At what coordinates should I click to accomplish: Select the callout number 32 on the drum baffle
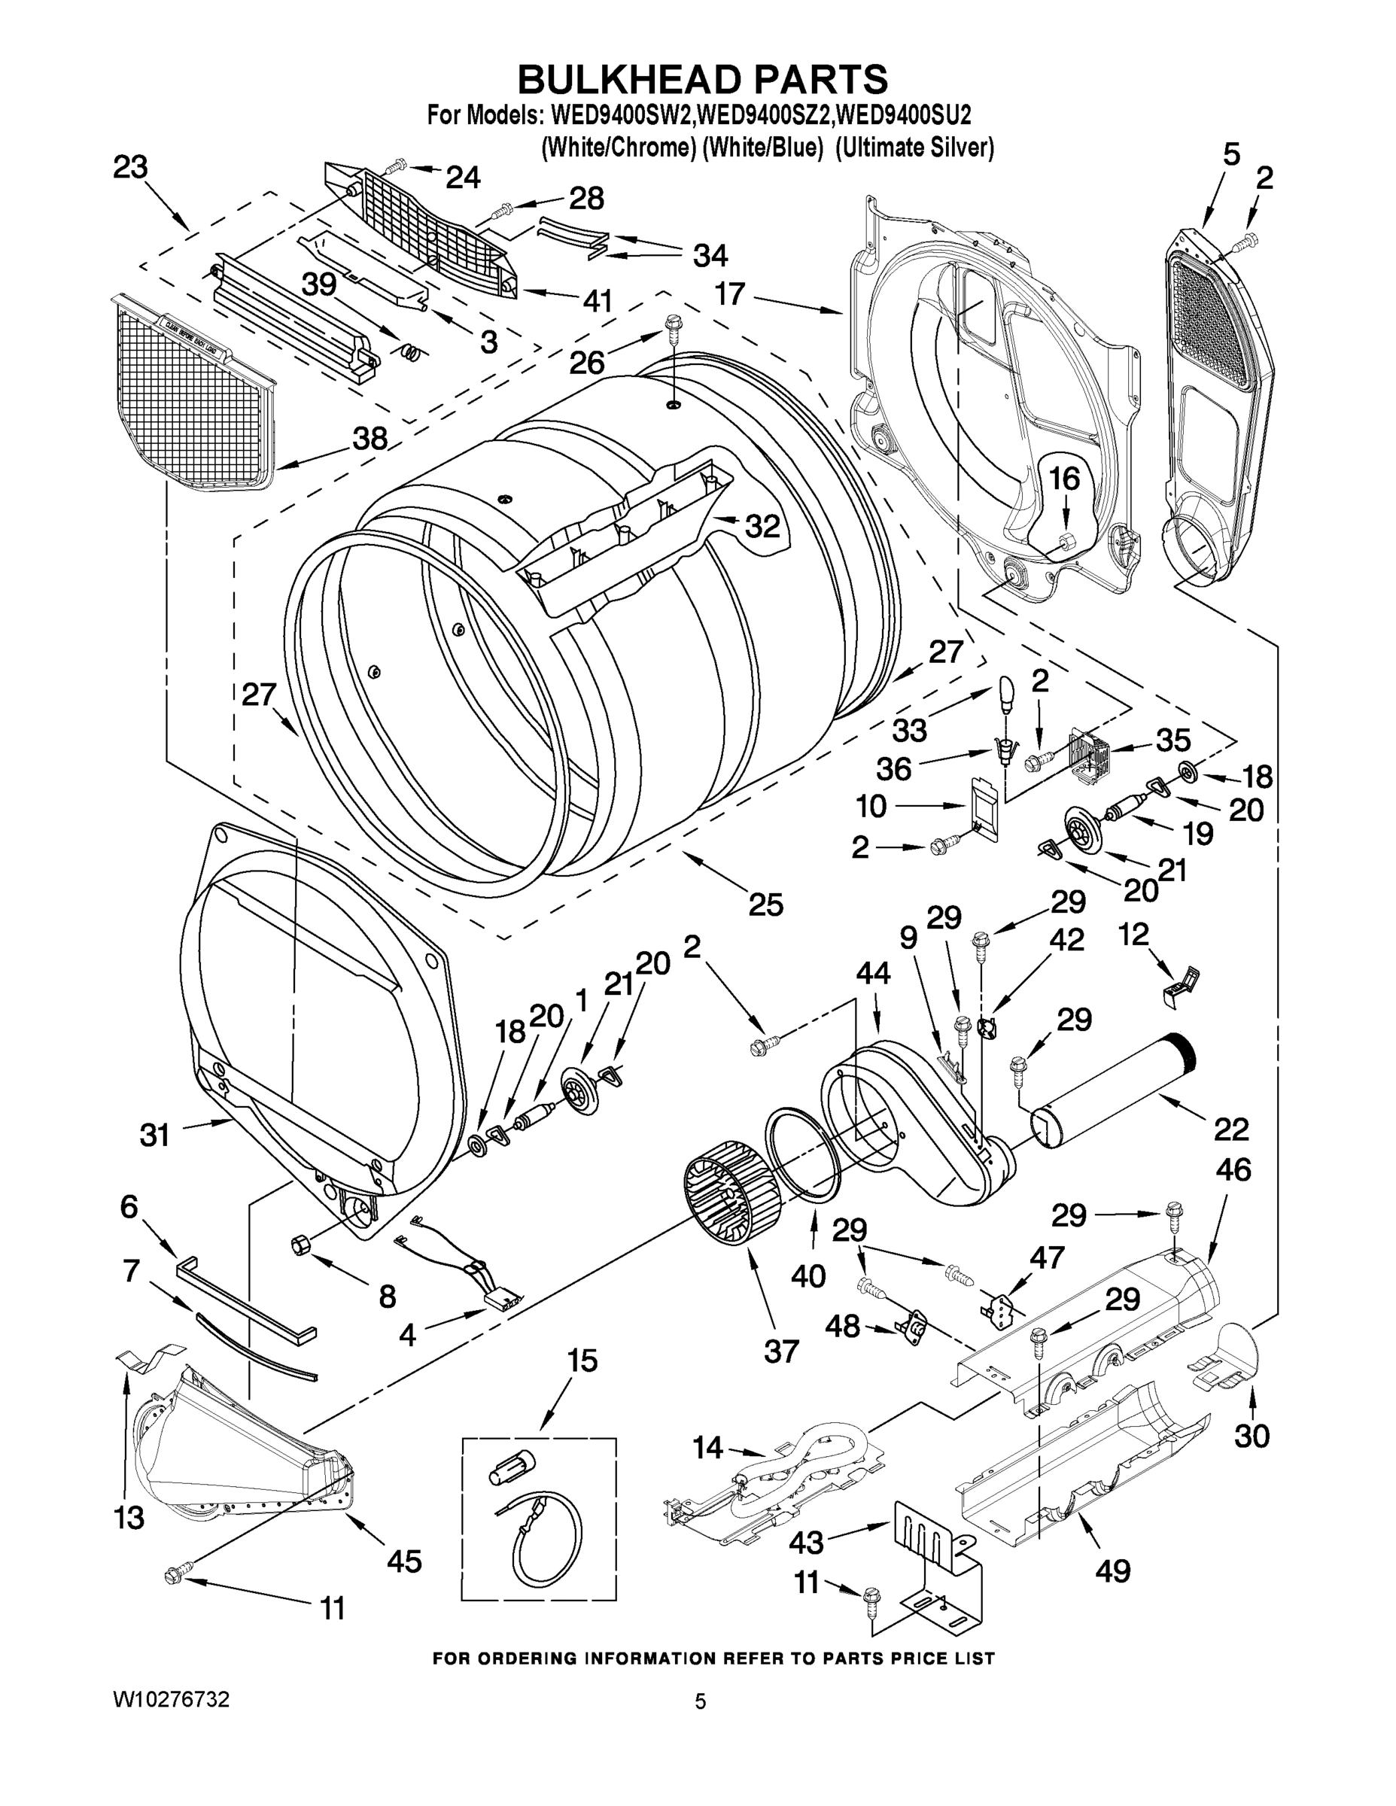[762, 526]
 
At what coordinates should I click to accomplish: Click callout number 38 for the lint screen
[370, 439]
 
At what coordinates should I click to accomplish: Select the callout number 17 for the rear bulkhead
[730, 293]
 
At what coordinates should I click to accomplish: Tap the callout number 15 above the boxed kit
[582, 1360]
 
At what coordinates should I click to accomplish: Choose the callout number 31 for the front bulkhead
[154, 1135]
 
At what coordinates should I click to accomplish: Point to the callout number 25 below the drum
[765, 905]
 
